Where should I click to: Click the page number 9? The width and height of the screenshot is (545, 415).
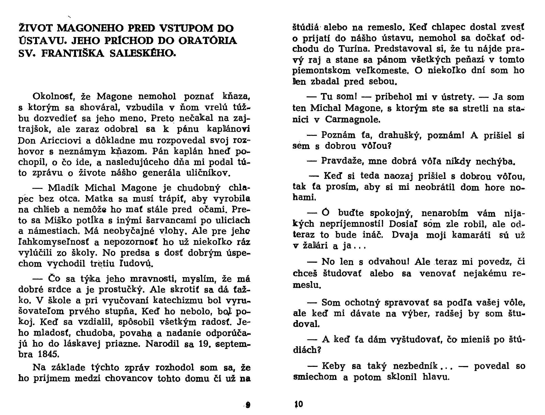[248, 405]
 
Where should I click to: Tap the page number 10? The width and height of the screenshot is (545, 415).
[299, 404]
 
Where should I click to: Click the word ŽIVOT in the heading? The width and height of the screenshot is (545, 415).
[37, 28]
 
